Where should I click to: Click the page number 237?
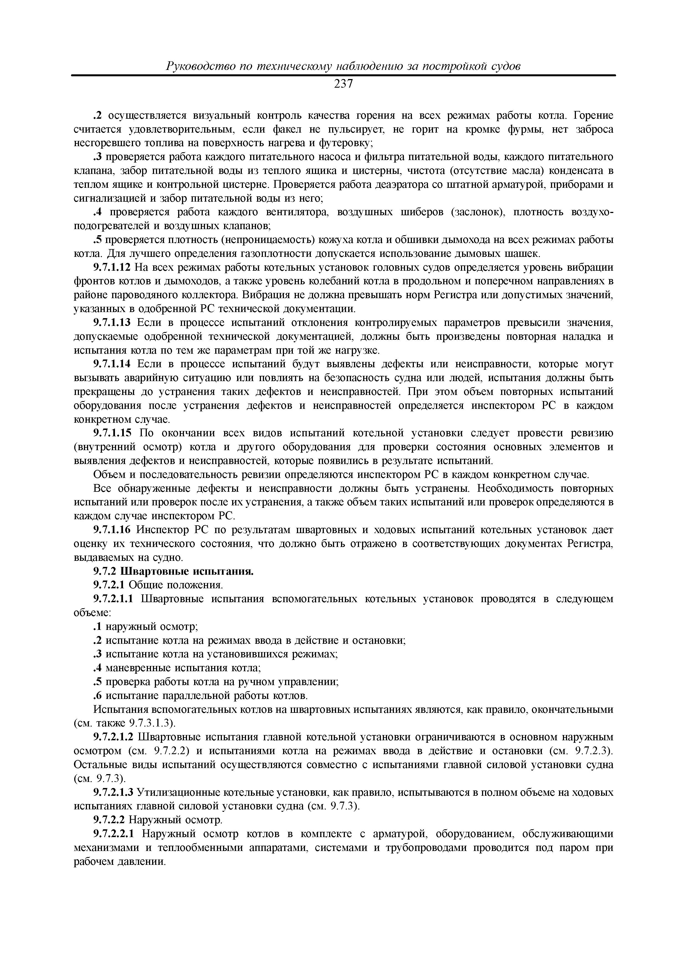(x=343, y=84)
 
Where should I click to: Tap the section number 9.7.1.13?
(x=112, y=323)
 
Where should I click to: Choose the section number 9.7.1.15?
(x=112, y=433)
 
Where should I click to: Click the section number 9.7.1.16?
(x=112, y=530)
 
